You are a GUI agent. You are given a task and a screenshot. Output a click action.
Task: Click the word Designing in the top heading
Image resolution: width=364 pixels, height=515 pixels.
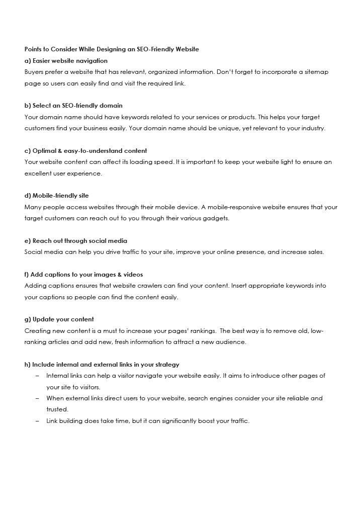[x=107, y=49]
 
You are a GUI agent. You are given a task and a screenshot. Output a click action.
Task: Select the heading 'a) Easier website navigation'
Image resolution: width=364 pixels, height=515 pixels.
[x=66, y=61]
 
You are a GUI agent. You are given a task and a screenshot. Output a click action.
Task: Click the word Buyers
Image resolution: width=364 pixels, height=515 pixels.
[x=35, y=72]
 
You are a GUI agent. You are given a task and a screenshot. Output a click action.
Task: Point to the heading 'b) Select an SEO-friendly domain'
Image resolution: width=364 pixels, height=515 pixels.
[x=73, y=106]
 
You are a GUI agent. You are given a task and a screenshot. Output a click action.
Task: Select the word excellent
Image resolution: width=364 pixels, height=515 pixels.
[x=39, y=174]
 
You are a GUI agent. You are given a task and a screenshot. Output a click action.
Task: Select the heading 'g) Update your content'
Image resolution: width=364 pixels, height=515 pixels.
[x=59, y=319]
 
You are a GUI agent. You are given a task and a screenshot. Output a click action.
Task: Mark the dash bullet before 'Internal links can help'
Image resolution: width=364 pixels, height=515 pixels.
[x=38, y=376]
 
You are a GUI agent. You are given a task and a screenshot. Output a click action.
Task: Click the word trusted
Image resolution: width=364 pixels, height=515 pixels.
[x=57, y=409]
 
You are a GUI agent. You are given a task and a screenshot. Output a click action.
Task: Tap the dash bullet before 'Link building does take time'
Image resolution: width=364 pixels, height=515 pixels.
[x=38, y=421]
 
